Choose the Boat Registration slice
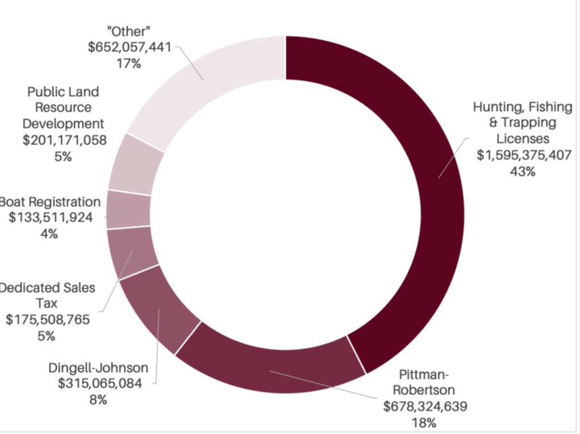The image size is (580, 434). [x=128, y=209]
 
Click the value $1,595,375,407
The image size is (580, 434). [x=524, y=155]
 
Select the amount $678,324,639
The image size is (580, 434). [x=425, y=406]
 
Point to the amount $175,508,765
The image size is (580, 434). [x=48, y=319]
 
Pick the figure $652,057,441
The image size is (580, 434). [x=130, y=48]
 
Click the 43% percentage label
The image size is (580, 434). [x=523, y=171]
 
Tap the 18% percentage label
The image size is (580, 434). [x=425, y=422]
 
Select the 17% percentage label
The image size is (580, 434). [x=129, y=64]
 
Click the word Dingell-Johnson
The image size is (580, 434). [x=98, y=367]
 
